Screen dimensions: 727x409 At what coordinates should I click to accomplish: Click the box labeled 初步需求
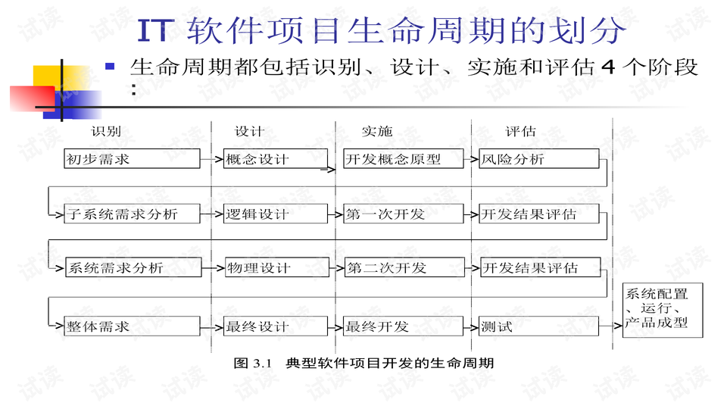pos(132,159)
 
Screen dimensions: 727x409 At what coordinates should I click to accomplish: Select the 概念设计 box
pos(276,159)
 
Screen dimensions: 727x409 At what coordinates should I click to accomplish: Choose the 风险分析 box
pos(538,159)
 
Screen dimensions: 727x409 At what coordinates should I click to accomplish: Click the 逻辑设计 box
pos(276,214)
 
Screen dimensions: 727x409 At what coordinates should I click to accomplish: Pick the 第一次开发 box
pos(403,214)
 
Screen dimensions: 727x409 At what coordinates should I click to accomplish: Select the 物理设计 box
pos(276,268)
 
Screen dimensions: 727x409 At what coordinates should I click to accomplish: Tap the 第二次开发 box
pos(403,268)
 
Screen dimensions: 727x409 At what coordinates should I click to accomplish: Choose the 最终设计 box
pos(276,326)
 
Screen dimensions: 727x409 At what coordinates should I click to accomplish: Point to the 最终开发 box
pos(403,326)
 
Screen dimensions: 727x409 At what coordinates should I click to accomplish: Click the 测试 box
pos(538,326)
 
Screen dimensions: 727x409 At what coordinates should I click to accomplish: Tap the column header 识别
pos(106,132)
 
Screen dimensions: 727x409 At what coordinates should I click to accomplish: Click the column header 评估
pos(520,132)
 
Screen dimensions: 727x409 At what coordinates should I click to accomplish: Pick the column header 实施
pos(376,132)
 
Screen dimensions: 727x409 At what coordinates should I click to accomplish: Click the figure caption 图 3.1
pos(253,364)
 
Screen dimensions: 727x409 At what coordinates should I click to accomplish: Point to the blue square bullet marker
pos(110,67)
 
